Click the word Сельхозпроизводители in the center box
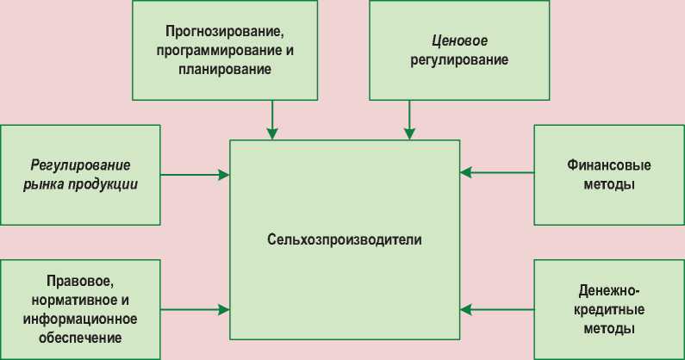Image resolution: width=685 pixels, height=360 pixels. click(345, 239)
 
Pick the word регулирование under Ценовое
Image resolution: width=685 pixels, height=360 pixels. click(458, 60)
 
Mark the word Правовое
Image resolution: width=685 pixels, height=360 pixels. click(80, 282)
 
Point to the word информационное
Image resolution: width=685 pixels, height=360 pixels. click(80, 320)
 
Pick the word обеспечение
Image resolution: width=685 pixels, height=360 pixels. click(80, 338)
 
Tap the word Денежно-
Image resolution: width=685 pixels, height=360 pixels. click(609, 290)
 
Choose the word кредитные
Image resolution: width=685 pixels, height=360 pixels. click(609, 309)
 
